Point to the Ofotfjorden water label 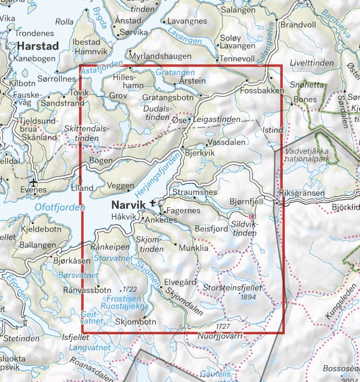60,208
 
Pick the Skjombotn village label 136,322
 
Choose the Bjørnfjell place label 246,202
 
